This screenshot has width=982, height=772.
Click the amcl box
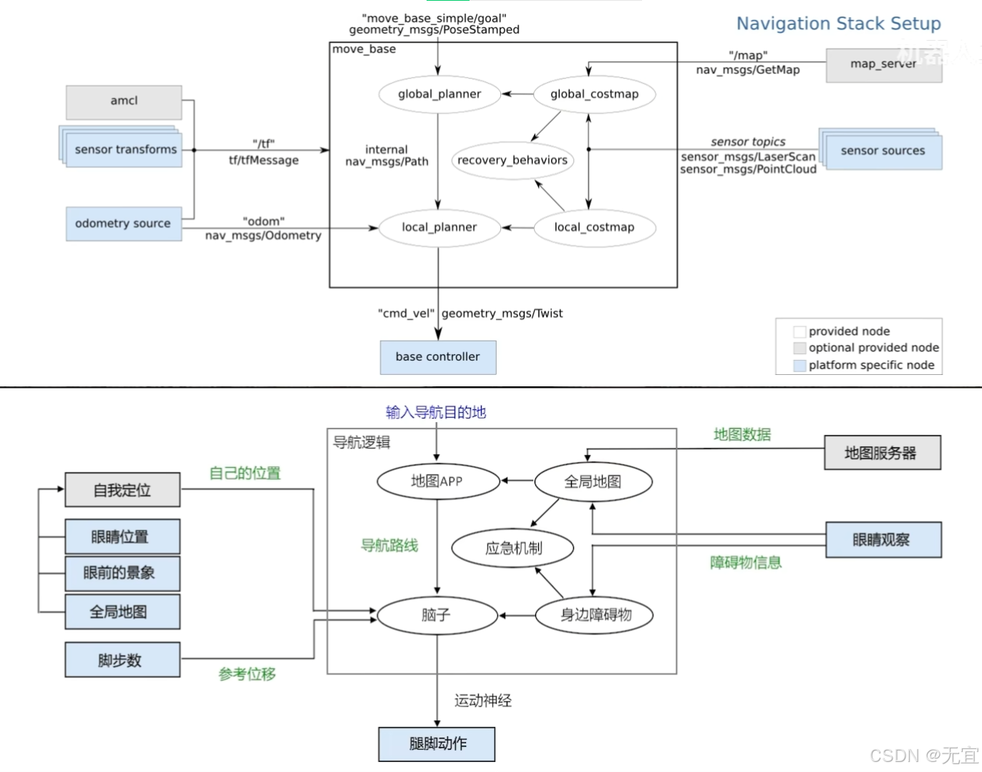124,102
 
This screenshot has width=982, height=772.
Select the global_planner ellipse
439,94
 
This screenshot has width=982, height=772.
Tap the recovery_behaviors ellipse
512,160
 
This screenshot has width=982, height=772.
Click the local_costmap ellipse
595,228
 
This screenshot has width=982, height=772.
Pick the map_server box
884,65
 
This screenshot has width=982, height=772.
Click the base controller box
438,357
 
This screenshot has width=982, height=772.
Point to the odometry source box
124,223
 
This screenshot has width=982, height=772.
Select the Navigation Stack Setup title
839,24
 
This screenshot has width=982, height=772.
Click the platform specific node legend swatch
799,366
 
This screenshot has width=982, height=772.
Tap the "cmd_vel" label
406,313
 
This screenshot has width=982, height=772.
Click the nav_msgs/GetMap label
748,70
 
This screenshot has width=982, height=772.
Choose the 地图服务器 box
883,453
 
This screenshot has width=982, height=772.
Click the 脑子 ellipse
437,615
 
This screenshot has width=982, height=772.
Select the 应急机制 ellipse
512,548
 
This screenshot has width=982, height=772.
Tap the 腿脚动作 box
437,744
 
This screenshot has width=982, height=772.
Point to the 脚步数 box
122,660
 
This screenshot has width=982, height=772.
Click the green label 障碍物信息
746,562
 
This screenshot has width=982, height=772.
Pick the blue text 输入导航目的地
436,412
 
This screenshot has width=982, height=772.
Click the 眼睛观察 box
883,539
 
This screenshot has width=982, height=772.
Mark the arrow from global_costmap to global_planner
517,94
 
